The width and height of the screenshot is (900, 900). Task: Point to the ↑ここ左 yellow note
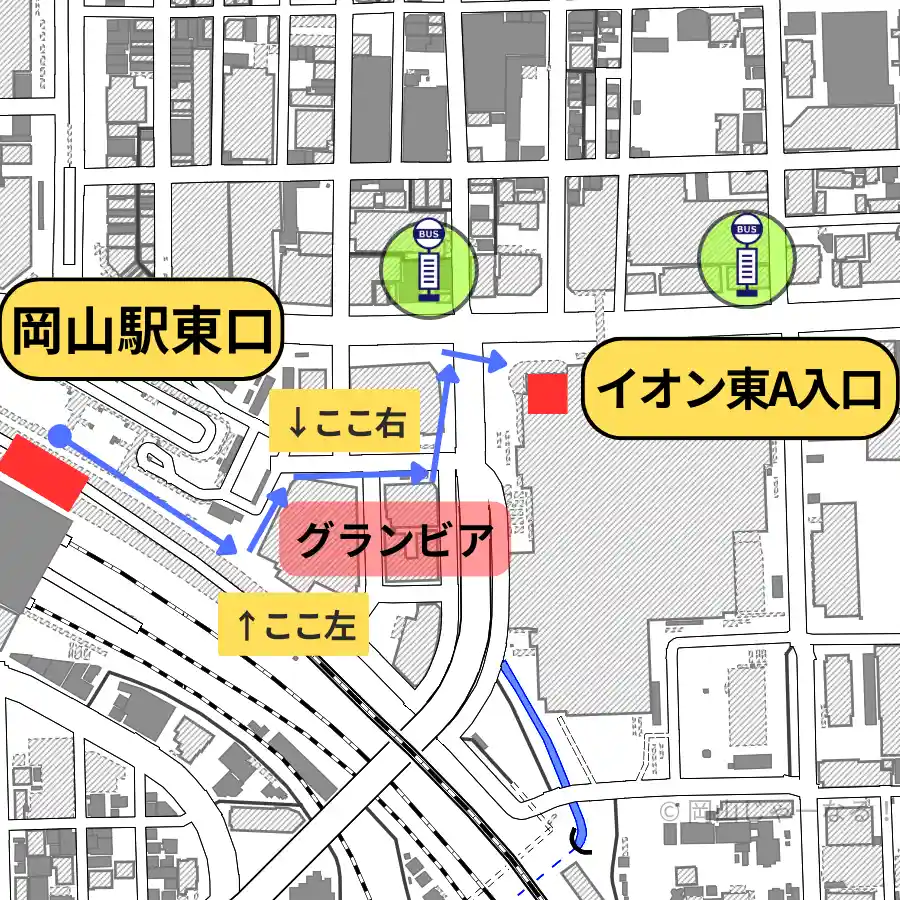294,626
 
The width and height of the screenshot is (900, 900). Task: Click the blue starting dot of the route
60,435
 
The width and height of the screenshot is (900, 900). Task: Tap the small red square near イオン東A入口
547,393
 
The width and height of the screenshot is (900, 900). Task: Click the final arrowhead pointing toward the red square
497,362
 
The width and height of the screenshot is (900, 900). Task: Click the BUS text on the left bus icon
428,234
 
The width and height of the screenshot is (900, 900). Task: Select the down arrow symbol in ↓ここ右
296,422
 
